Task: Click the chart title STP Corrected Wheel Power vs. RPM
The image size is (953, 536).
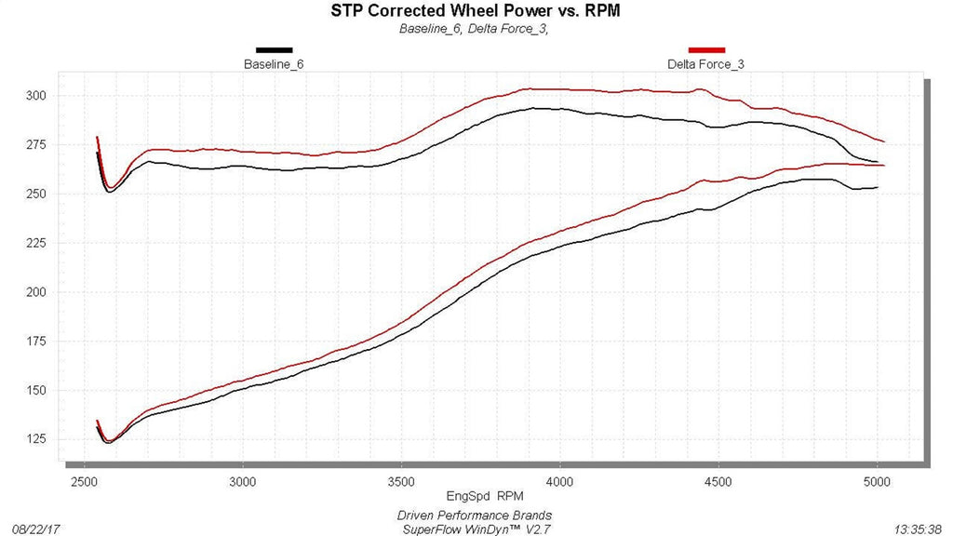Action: pos(476,11)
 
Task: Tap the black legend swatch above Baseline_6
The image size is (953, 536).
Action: pos(274,49)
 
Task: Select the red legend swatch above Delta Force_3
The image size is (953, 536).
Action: pos(705,49)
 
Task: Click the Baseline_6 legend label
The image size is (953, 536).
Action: pos(274,64)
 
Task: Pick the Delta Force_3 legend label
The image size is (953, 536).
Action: pos(705,64)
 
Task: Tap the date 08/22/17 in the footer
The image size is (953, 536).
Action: pos(35,528)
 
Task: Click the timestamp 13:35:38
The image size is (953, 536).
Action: pos(916,528)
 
